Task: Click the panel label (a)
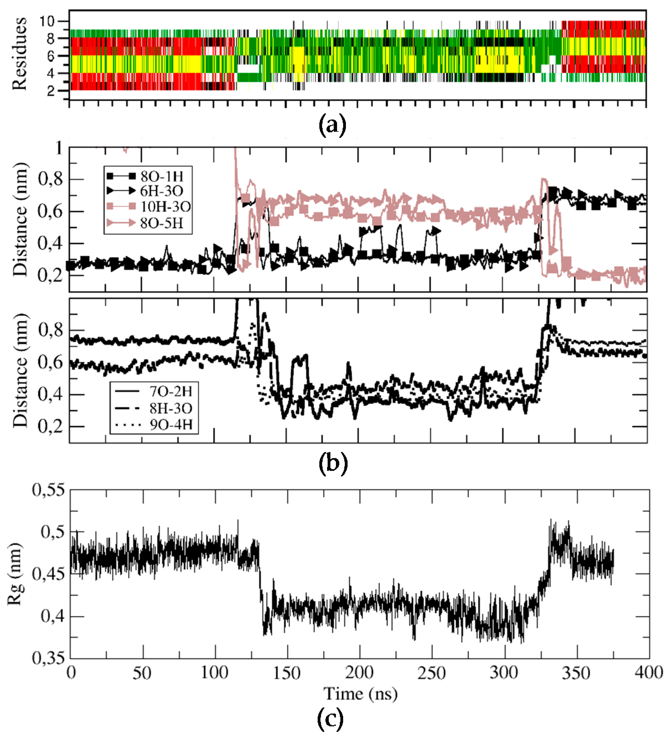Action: [x=332, y=126]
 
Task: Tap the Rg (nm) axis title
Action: [x=15, y=574]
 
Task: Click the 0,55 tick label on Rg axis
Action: [x=49, y=491]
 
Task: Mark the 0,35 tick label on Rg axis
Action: [x=49, y=658]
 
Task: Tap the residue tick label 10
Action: [x=47, y=22]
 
